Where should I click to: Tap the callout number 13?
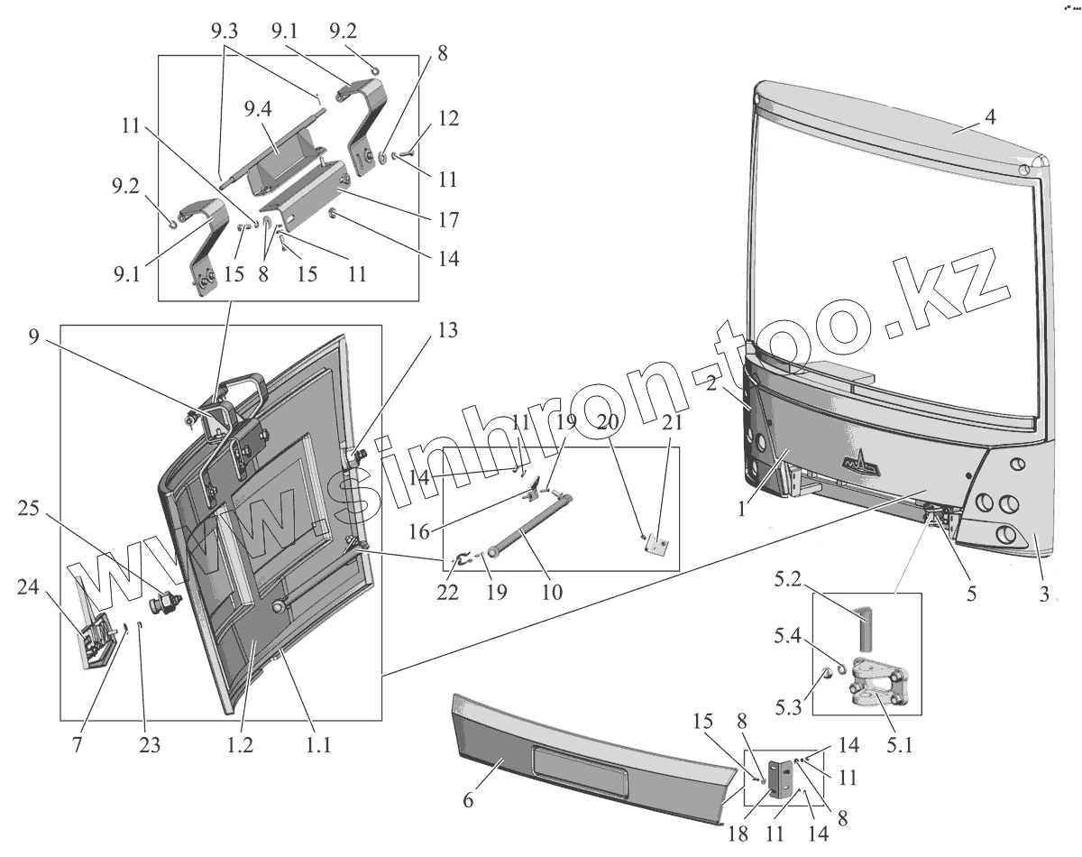[447, 330]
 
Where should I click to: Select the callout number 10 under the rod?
[553, 593]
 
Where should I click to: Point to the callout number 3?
[1043, 595]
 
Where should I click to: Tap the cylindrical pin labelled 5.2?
[867, 628]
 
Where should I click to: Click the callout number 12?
[449, 118]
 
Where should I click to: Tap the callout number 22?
[447, 593]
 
